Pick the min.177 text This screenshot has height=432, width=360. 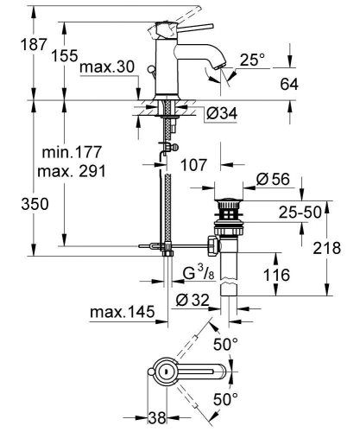[67, 153]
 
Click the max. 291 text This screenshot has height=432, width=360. [71, 171]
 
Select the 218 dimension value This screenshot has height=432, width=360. [339, 247]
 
